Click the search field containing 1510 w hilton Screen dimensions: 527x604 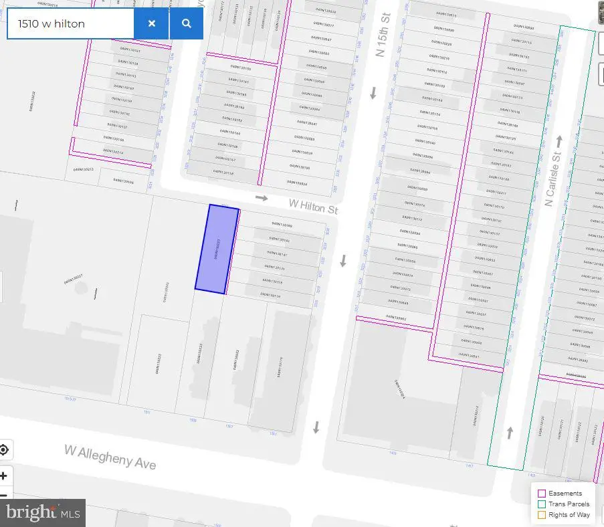70,23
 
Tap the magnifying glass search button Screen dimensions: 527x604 186,23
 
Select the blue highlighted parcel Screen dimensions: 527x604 217,248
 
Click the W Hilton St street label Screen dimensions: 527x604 313,205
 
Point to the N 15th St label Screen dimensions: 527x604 383,39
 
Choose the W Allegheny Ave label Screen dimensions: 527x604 110,457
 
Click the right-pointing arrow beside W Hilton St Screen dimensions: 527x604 261,198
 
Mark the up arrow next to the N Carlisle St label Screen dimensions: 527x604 559,142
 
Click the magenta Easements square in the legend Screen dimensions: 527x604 541,494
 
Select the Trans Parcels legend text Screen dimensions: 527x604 569,504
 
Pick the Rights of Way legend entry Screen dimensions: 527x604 569,515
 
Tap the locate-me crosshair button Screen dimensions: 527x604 4,449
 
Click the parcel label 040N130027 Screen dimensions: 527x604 74,280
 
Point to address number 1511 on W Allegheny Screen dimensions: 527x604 146,413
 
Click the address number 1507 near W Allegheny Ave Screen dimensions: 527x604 229,425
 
